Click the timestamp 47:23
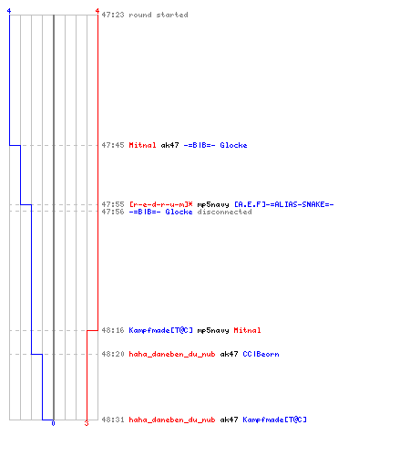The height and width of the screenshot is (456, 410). pyautogui.click(x=113, y=15)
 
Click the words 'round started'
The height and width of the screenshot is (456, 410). pyautogui.click(x=159, y=15)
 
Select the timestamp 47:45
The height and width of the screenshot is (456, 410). pyautogui.click(x=113, y=145)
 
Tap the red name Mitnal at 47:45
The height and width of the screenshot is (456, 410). pyautogui.click(x=142, y=145)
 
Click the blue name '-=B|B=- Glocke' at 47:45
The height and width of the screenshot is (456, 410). pyautogui.click(x=215, y=145)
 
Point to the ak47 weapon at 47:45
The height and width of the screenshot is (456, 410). pyautogui.click(x=169, y=145)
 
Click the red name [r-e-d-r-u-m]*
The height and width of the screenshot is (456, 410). pyautogui.click(x=160, y=204)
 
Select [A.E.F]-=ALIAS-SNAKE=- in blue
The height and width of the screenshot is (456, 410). pyautogui.click(x=283, y=204)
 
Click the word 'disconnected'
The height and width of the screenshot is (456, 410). pyautogui.click(x=224, y=212)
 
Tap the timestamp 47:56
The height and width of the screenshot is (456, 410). pyautogui.click(x=113, y=212)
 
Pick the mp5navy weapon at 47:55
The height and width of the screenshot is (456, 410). pyautogui.click(x=213, y=204)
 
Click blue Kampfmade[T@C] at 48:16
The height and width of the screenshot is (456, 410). pyautogui.click(x=160, y=330)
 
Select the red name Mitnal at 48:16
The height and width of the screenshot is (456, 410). pyautogui.click(x=247, y=330)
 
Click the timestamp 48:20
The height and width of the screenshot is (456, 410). pyautogui.click(x=113, y=354)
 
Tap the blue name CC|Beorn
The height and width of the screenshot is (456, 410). pyautogui.click(x=261, y=354)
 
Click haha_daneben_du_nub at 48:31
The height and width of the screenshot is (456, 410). pyautogui.click(x=172, y=420)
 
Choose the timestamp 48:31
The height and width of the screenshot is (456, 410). pyautogui.click(x=113, y=420)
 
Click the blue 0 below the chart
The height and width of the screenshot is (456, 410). pyautogui.click(x=53, y=423)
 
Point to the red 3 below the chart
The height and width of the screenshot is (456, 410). pyautogui.click(x=87, y=423)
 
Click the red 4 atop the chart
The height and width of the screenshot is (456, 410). pyautogui.click(x=97, y=11)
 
